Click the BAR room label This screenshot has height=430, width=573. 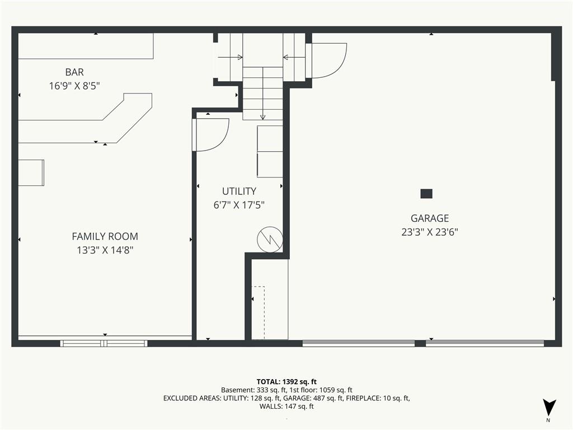[74, 72]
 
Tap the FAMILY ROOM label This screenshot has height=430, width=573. [105, 237]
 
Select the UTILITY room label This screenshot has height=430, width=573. [239, 191]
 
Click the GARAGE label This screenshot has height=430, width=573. [430, 218]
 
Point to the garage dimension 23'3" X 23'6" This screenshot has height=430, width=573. [430, 232]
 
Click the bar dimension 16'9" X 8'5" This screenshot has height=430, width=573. [74, 86]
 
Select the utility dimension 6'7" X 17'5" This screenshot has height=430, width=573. [239, 205]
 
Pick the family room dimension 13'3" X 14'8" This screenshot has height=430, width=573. [105, 250]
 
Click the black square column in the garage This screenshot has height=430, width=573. [426, 193]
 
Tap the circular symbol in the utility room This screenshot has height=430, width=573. [270, 240]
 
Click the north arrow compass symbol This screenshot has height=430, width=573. [549, 408]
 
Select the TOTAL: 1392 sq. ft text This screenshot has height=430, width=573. [286, 382]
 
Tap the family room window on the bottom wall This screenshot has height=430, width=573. [104, 343]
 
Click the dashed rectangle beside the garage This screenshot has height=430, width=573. [258, 313]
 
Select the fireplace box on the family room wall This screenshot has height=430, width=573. [31, 172]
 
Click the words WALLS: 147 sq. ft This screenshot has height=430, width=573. [286, 406]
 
